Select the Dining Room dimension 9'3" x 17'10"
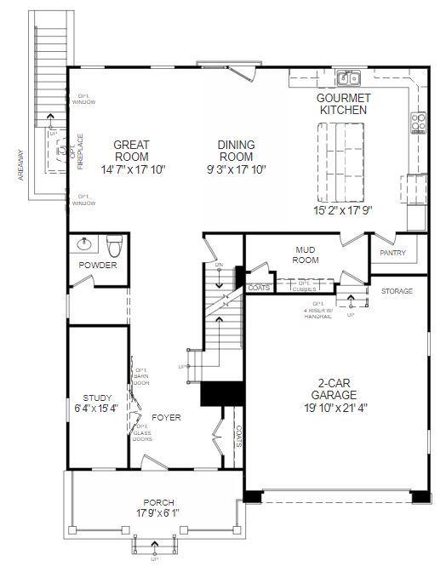236,169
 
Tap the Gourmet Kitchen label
343,104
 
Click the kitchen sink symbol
347,79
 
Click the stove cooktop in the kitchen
418,123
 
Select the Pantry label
392,253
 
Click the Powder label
98,266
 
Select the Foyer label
167,417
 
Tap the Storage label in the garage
397,291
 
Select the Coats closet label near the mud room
258,288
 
